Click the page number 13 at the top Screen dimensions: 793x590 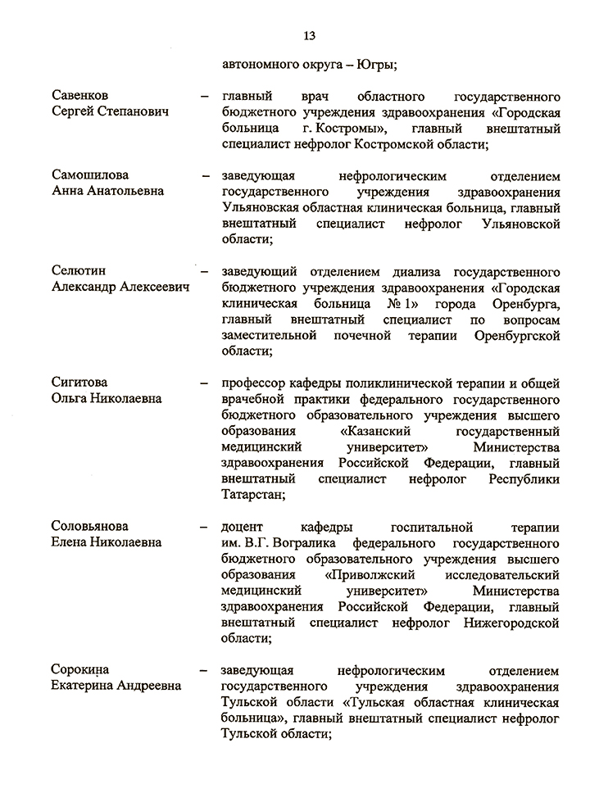click(310, 35)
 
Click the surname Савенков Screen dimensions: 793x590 click(79, 96)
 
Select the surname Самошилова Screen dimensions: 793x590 click(90, 175)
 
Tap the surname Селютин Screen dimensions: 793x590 click(79, 271)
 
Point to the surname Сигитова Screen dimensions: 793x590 click(79, 383)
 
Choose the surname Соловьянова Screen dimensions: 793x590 click(90, 526)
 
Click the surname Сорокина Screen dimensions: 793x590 click(79, 669)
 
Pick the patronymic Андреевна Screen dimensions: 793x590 click(144, 685)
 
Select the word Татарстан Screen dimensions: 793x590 click(252, 494)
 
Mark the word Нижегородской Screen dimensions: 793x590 click(508, 622)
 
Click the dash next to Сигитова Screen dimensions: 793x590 click(204, 383)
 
